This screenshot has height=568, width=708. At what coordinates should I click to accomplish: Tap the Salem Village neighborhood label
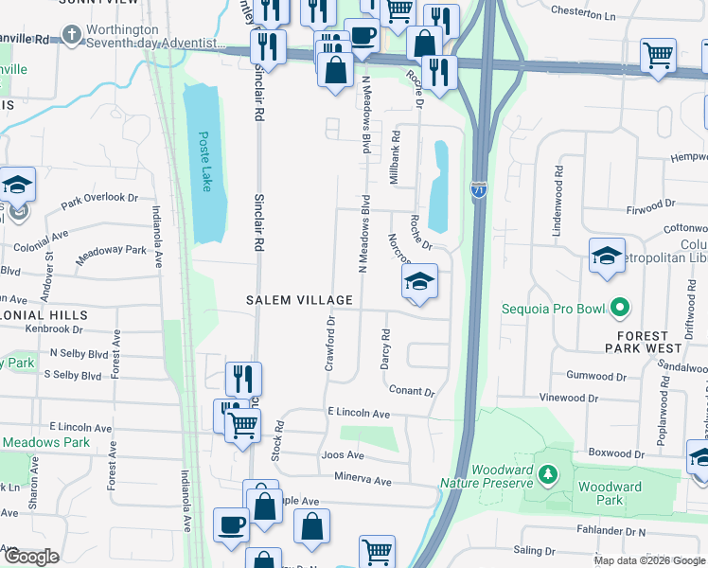(299, 300)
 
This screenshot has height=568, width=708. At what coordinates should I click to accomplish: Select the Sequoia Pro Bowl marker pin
(620, 308)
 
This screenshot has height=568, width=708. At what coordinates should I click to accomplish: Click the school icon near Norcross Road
(419, 281)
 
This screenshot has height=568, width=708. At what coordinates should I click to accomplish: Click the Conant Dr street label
(411, 391)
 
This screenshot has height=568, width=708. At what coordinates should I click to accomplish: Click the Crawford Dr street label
(331, 344)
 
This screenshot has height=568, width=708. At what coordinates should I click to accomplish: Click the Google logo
(32, 557)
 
